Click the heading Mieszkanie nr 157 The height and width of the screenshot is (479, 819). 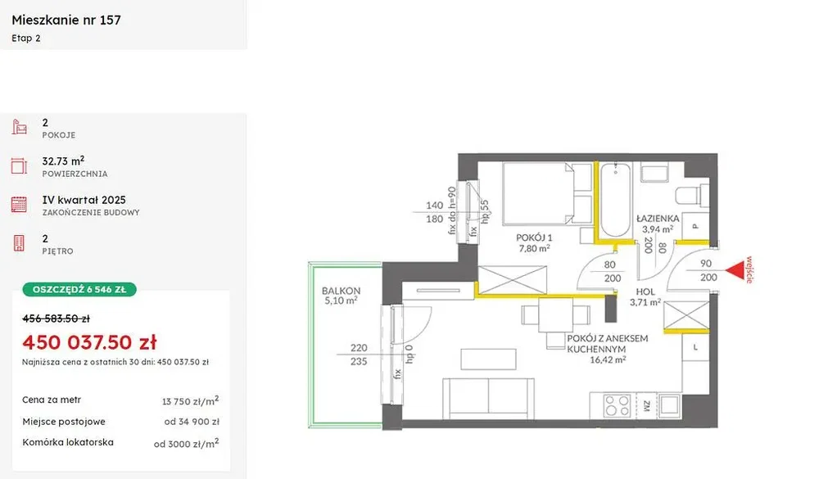[66, 20]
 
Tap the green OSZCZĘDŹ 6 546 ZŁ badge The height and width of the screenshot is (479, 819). [79, 289]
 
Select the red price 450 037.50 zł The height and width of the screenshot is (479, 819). [89, 342]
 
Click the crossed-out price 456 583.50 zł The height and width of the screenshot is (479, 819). [56, 319]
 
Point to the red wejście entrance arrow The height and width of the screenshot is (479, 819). [735, 270]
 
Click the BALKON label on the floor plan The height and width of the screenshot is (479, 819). [341, 291]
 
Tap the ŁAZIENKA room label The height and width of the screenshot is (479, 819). [658, 219]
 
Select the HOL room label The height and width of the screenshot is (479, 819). [645, 291]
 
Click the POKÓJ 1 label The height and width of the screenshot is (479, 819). [534, 237]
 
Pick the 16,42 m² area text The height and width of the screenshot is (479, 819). [608, 360]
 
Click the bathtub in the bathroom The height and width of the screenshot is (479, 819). [615, 201]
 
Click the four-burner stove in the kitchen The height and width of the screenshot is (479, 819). [617, 405]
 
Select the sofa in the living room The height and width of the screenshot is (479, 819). [488, 399]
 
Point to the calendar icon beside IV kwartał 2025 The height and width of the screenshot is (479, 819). [19, 204]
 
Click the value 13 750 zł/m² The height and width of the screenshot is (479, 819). [190, 401]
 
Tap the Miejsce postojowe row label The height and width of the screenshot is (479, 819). [64, 422]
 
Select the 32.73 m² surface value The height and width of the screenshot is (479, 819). [63, 160]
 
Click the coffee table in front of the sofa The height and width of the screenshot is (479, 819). [488, 359]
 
